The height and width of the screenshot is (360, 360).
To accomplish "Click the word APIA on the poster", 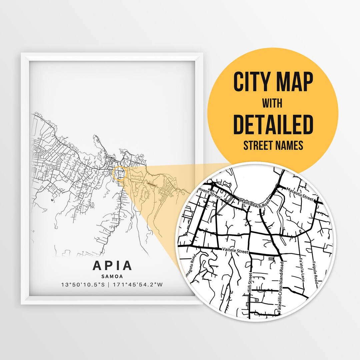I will point(112,266).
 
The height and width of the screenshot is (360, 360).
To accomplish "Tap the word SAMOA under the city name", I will point(112,276).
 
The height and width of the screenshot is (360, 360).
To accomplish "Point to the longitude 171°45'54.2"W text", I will point(138,285).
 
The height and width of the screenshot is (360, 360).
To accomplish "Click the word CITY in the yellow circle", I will point(252,82).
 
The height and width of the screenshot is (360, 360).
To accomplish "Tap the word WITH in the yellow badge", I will point(272,104).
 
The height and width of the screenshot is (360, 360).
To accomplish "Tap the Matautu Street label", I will point(300,194).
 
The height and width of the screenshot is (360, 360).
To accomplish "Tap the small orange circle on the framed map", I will point(119,174).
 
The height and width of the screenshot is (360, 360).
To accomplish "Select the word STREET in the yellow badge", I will point(258,145).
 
